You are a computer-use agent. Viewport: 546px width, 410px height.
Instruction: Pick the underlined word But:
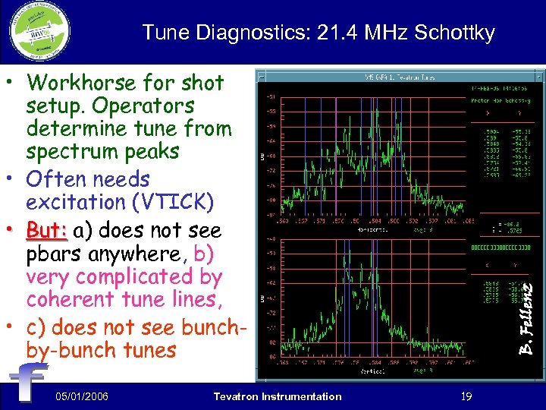(x=47, y=229)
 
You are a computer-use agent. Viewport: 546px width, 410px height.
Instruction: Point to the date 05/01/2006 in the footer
(x=82, y=396)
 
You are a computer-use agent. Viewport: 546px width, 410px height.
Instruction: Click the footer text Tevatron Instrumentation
(x=278, y=396)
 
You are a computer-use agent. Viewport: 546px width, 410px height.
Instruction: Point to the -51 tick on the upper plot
(x=269, y=96)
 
